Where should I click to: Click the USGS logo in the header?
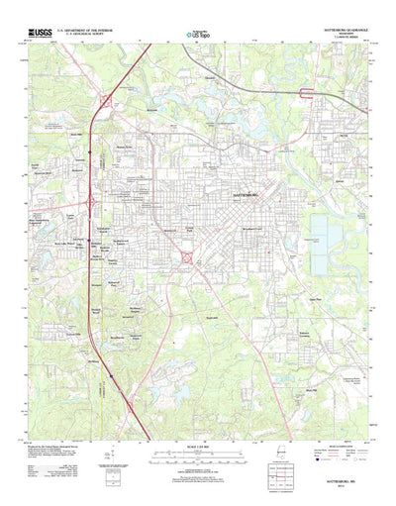[43, 33]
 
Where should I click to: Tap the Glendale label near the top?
[209, 76]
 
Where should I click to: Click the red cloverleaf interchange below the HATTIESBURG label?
[186, 259]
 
